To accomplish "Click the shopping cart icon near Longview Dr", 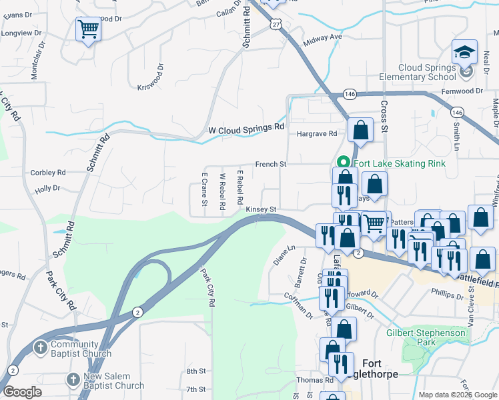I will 88,30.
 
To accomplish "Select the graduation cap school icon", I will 464,53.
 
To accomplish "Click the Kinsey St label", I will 262,209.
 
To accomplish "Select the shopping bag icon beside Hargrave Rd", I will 360,131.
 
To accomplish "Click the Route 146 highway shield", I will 349,94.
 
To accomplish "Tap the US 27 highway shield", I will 276,23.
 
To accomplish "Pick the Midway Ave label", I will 322,38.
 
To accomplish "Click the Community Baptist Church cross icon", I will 40,347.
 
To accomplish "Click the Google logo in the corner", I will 23,392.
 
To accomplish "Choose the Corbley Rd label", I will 48,173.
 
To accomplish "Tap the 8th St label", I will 195,371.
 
